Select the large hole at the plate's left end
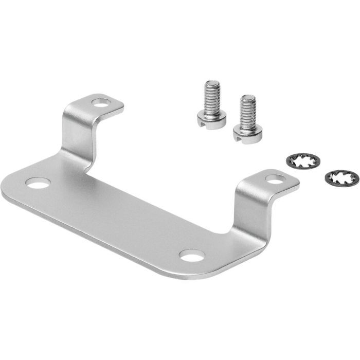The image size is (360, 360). [x=37, y=183]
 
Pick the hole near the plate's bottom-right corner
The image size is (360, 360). [x=191, y=256]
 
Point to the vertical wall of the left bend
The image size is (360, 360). [x=77, y=131]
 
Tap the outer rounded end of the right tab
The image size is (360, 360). [x=296, y=179]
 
